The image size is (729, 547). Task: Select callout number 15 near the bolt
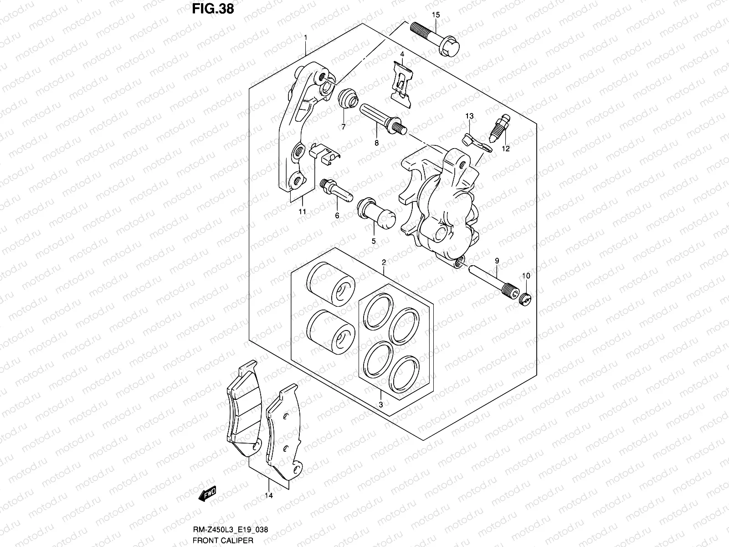pyautogui.click(x=436, y=15)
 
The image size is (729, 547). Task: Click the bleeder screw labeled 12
pyautogui.click(x=500, y=127)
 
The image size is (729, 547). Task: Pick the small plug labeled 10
pyautogui.click(x=525, y=299)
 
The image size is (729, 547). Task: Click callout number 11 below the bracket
pyautogui.click(x=302, y=212)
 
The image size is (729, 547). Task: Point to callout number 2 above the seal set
pyautogui.click(x=384, y=263)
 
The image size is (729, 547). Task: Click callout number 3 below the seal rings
pyautogui.click(x=380, y=404)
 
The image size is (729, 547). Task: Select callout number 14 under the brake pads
pyautogui.click(x=268, y=495)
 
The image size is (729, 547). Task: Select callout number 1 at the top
pyautogui.click(x=305, y=37)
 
